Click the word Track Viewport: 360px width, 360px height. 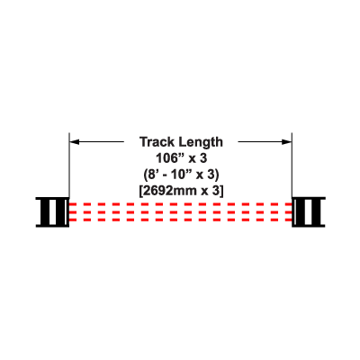157,142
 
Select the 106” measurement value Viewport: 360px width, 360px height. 169,158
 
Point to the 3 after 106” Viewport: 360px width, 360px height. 203,158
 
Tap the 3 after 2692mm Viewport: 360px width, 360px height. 216,191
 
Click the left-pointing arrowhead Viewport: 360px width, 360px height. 75,141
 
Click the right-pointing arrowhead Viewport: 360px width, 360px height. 287,141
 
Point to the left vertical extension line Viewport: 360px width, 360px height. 69,165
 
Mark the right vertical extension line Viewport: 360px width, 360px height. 292,165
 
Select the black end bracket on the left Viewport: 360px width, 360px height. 52,212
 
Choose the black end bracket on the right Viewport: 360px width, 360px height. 309,212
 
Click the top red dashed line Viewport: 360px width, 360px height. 181,204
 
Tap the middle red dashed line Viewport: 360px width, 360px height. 181,212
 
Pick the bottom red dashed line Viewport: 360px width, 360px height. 181,220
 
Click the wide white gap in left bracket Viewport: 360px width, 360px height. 52,212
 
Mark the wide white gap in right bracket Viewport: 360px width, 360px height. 309,212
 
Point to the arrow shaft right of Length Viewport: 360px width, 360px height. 260,141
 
